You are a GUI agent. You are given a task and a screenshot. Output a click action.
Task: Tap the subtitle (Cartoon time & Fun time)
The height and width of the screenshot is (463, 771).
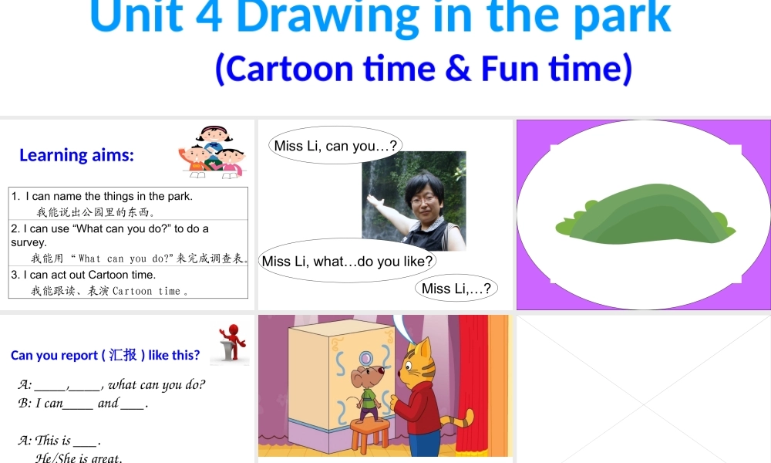(423, 68)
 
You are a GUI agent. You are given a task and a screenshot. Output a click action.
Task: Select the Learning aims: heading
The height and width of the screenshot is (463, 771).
(76, 155)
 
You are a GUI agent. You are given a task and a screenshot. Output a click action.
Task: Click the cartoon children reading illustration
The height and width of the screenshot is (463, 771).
(211, 152)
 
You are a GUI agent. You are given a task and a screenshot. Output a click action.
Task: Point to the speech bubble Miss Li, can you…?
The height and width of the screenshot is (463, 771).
(335, 146)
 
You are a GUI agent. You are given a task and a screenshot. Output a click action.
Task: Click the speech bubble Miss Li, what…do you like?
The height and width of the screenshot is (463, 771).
(347, 261)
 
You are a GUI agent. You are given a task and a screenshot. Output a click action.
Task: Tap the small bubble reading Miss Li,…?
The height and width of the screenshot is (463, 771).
(456, 289)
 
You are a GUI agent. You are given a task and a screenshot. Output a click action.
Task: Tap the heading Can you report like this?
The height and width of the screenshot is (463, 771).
(105, 355)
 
